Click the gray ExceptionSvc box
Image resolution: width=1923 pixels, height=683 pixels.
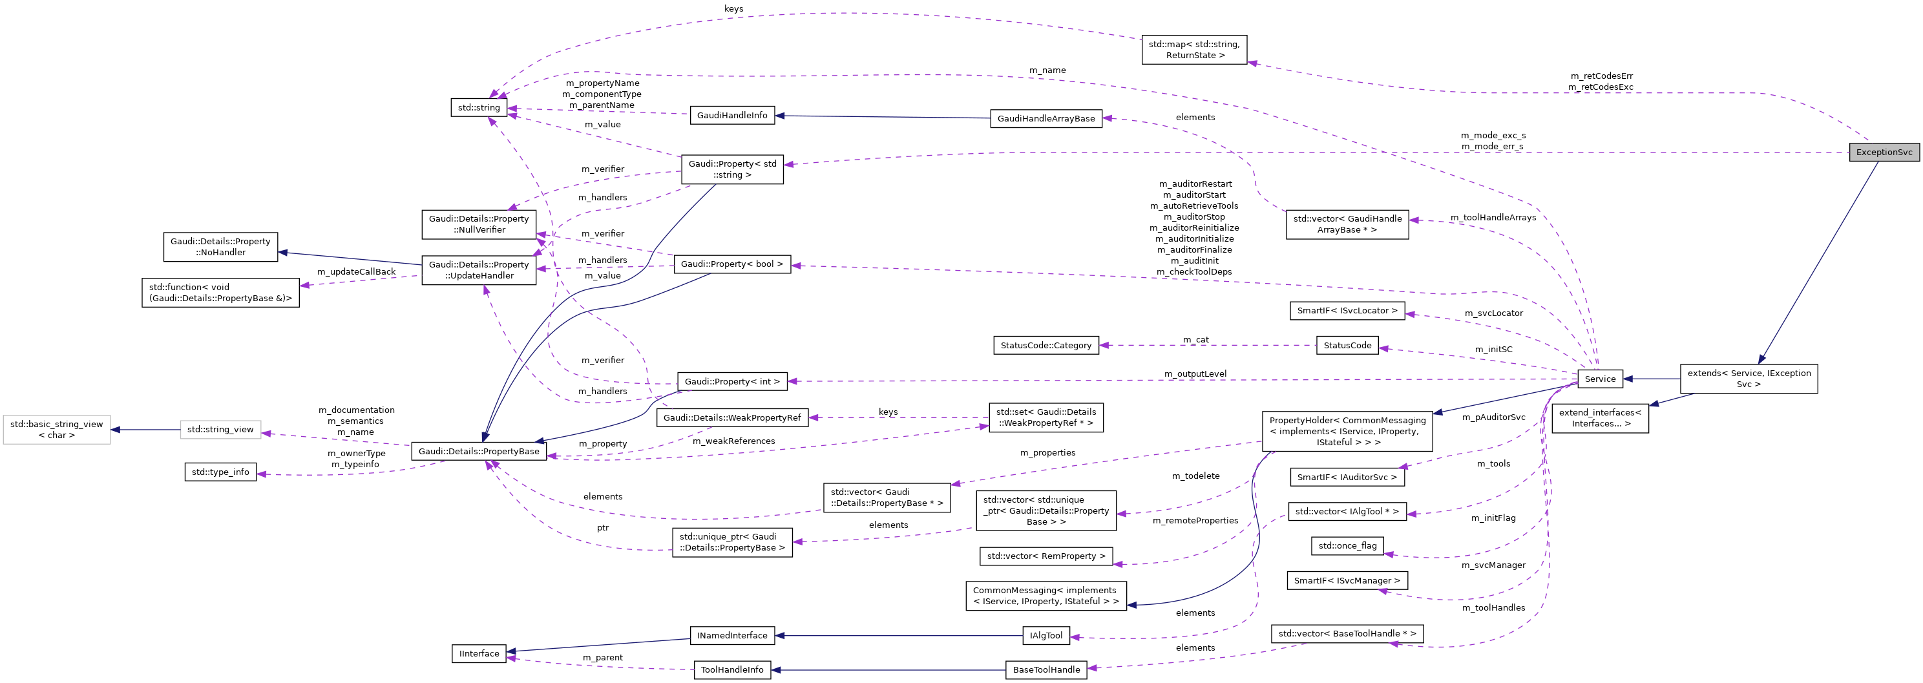point(1884,152)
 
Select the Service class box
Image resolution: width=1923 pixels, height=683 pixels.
point(1599,379)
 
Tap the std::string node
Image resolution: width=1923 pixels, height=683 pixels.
point(479,107)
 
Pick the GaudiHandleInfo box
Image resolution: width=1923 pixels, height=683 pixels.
point(731,115)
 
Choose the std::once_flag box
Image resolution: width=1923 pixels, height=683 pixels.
point(1347,545)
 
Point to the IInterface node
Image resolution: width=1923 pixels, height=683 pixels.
point(479,654)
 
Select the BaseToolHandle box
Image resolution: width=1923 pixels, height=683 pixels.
point(1046,670)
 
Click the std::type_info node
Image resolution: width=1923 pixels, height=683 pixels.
point(220,472)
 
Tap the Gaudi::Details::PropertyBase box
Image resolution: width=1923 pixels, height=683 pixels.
point(479,452)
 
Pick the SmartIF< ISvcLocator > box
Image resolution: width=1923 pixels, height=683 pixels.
point(1347,311)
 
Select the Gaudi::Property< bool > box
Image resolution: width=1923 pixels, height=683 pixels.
point(731,264)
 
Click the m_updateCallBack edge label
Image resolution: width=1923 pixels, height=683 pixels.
point(356,271)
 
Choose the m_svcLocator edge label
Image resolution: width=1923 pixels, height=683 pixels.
point(1493,313)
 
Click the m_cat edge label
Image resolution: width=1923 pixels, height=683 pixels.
point(1195,340)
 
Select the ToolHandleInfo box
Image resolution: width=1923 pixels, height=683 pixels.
point(731,670)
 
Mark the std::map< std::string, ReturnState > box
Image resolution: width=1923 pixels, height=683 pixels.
point(1193,50)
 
